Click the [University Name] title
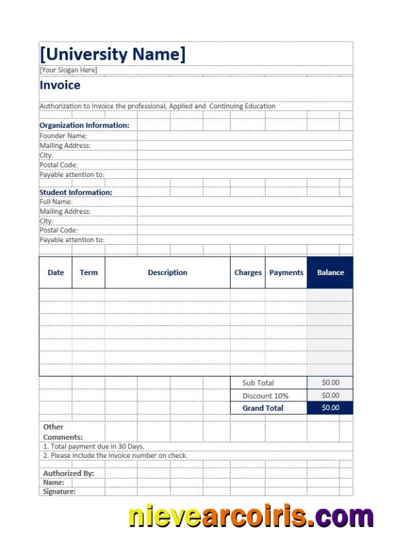112,54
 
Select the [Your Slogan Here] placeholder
68,70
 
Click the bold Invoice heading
60,85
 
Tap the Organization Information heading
84,125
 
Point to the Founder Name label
63,135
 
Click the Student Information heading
76,192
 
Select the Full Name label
56,202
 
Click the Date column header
56,272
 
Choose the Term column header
89,272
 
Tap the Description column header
167,272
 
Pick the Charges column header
248,272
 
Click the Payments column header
286,272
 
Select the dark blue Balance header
330,272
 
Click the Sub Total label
258,383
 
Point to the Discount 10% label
266,395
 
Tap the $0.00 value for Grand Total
330,407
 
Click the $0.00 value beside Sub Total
330,382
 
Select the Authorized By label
69,473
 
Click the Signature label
59,491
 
